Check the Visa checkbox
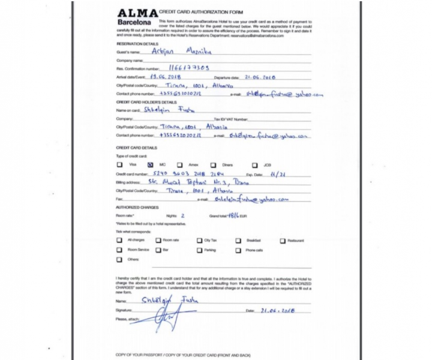pos(120,164)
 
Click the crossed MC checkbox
pos(151,164)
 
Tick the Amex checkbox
pos(182,164)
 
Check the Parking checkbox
pos(199,250)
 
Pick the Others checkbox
pos(120,259)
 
